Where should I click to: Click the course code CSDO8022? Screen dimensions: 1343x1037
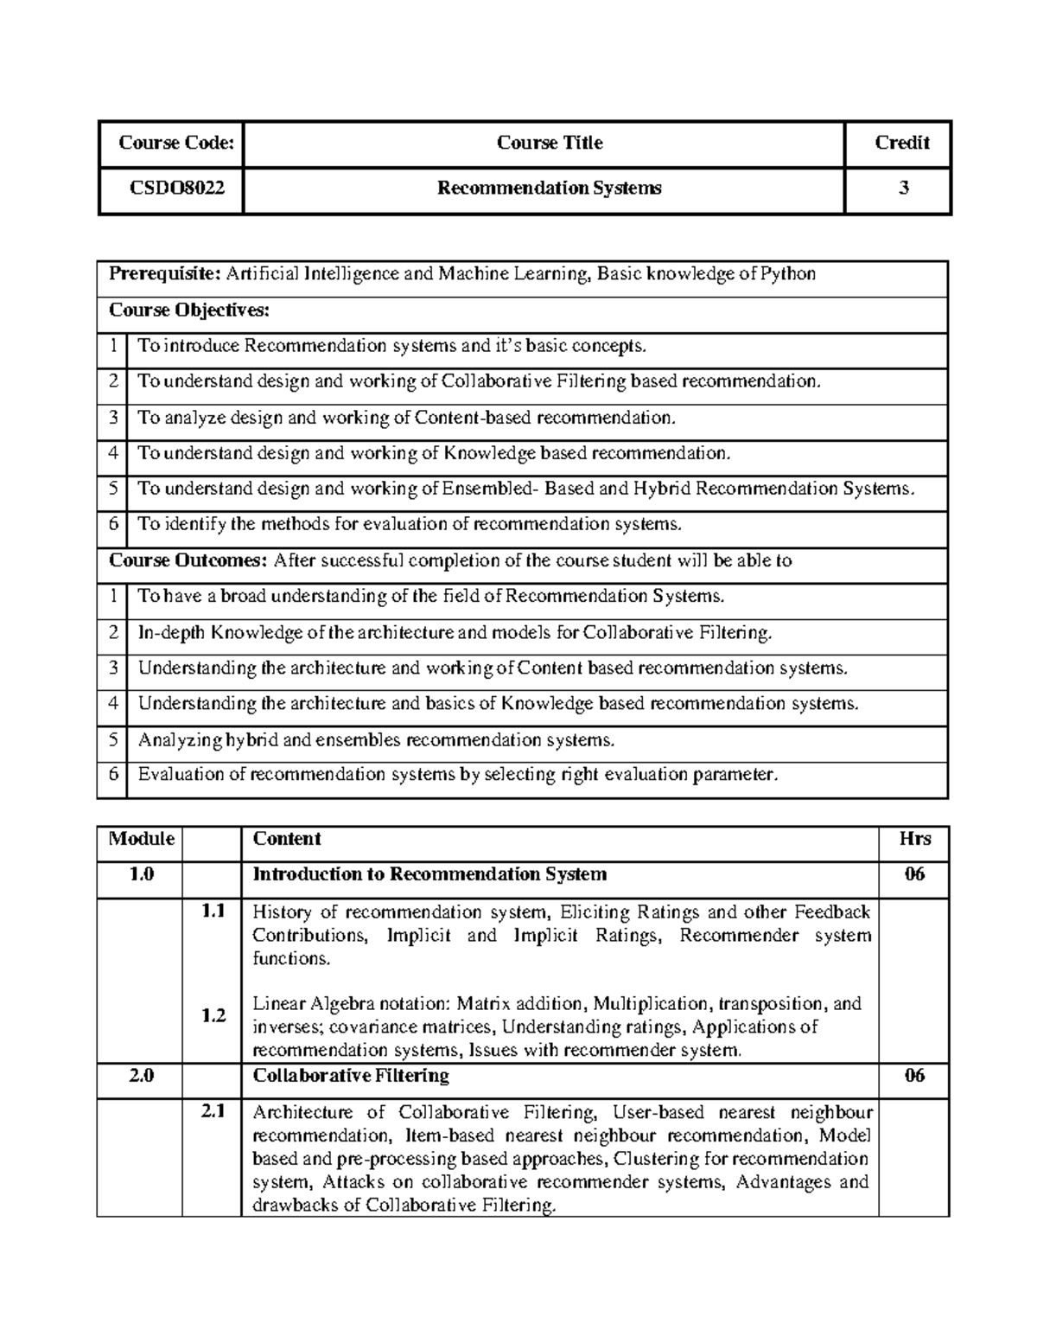(x=171, y=188)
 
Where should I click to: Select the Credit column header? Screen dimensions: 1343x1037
(x=901, y=143)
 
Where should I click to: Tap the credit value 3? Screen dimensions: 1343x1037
(x=903, y=188)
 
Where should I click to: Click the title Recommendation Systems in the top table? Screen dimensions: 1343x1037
(x=549, y=188)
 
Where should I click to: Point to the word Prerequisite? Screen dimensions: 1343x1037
(x=165, y=274)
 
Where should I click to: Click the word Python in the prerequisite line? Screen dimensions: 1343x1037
(x=787, y=274)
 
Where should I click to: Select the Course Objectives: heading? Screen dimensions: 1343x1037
(x=189, y=310)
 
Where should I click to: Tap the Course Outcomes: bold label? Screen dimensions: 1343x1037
(x=188, y=560)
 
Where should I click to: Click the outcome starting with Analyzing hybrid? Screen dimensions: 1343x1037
(x=376, y=740)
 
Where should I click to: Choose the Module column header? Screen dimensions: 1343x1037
(x=141, y=839)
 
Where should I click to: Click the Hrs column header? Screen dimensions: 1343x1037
(x=914, y=839)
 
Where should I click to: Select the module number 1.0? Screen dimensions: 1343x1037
(x=141, y=874)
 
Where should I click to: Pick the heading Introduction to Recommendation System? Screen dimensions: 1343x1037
(x=429, y=874)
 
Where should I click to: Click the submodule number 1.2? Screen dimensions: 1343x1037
(x=213, y=1016)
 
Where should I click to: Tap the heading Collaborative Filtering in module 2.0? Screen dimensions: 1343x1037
(x=350, y=1076)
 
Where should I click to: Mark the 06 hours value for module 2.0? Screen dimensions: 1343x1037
(x=914, y=1076)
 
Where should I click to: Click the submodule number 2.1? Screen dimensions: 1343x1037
(x=213, y=1112)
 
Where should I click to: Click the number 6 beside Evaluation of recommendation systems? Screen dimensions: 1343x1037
(x=112, y=774)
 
